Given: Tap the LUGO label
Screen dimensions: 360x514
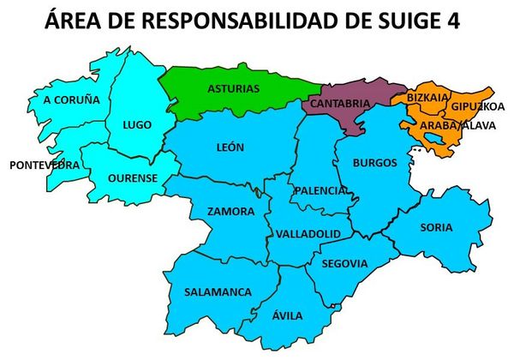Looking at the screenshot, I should pos(137,124).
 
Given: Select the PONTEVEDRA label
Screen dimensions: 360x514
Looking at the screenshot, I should pos(39,165).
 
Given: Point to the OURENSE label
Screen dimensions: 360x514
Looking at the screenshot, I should pos(133,178).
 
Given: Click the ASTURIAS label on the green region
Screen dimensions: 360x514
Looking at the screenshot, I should pos(233,88).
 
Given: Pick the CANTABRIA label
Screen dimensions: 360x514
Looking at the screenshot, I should pos(340,104).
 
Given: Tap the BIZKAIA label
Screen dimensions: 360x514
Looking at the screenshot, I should pos(427,99).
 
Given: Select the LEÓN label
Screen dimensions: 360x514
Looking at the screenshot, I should pos(230,147).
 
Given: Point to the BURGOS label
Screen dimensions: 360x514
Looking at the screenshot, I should pos(374,162).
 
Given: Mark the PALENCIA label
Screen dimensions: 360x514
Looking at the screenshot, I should pos(321,189).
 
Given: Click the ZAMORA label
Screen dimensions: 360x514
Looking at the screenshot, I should pos(230,211).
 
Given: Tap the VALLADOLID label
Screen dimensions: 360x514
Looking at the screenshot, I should pos(308,233).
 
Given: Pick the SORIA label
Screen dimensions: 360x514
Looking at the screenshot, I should pos(436,227).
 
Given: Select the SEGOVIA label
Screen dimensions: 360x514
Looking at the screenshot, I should pos(345,263).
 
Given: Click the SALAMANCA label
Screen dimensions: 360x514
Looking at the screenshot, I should pos(218,291).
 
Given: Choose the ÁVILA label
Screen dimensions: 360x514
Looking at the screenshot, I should pos(287,315).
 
